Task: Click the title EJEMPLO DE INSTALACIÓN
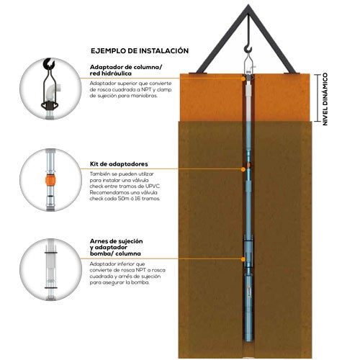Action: click(140, 50)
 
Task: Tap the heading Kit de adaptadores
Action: click(119, 164)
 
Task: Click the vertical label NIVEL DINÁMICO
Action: click(325, 99)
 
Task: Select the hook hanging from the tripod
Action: click(248, 50)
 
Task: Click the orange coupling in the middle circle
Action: click(50, 180)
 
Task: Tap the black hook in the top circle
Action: click(49, 63)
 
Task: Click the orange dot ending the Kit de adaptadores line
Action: click(243, 169)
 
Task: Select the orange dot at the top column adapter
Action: click(243, 78)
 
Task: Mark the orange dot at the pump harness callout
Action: click(243, 259)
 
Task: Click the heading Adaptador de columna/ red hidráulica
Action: click(126, 70)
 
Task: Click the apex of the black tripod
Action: click(248, 5)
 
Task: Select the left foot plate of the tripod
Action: click(198, 73)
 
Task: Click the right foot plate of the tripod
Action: click(291, 73)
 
